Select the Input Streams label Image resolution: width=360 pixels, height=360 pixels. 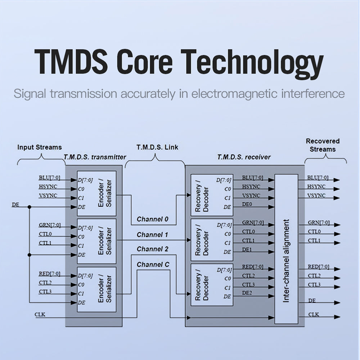39,147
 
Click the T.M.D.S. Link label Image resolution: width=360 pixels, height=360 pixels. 157,147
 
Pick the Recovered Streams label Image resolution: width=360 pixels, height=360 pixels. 323,145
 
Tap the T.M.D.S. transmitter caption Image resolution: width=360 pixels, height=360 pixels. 95,157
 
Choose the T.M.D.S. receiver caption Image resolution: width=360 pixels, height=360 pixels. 244,157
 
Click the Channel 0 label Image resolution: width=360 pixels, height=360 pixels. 152,219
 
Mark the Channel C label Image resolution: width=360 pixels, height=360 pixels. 153,265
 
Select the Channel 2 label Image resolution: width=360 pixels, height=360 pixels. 152,249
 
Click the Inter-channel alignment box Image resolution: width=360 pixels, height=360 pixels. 286,249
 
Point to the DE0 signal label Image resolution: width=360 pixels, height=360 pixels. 247,204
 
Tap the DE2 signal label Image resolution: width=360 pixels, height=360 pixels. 247,293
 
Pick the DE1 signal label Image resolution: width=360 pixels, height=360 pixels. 247,249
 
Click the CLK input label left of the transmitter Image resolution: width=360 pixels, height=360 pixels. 40,315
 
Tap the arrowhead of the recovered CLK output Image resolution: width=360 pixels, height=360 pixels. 337,317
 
